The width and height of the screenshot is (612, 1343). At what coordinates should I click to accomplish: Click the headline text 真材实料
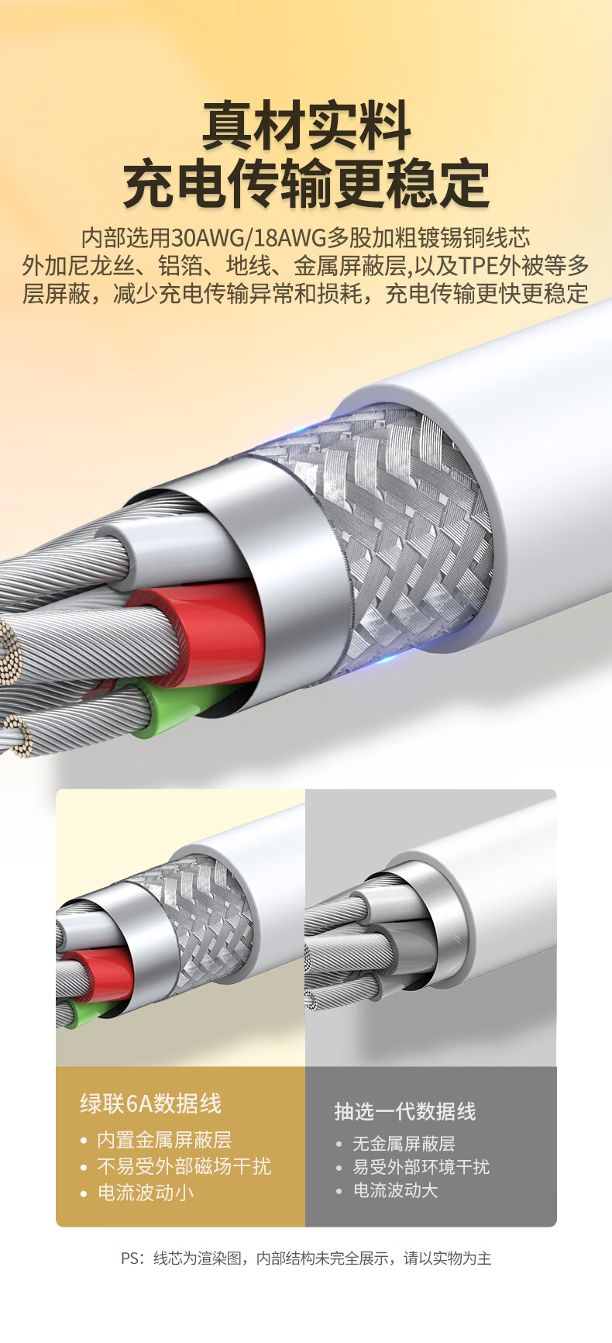(306, 126)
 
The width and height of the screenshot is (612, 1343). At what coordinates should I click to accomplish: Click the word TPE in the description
(478, 266)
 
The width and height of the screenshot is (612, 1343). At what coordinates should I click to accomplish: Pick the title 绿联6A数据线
(150, 1103)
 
